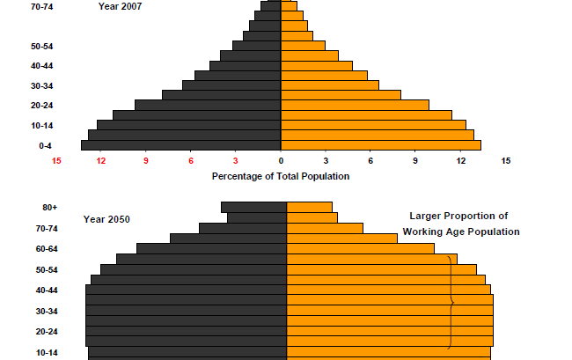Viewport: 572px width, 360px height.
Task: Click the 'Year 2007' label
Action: tap(119, 6)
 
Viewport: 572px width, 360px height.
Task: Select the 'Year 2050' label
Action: tap(106, 219)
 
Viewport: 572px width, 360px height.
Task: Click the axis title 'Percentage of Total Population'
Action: tap(281, 176)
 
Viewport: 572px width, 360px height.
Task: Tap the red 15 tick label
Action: tap(56, 161)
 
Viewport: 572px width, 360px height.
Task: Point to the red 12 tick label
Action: tap(101, 161)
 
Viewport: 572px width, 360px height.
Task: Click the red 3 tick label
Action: tap(236, 161)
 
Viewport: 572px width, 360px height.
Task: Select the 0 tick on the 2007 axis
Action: tap(281, 161)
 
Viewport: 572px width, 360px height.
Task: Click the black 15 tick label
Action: tap(506, 161)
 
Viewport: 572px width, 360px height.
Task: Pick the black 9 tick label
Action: tap(416, 161)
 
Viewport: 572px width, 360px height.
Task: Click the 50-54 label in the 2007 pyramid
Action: tap(41, 46)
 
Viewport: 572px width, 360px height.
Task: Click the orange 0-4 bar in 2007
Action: tap(380, 146)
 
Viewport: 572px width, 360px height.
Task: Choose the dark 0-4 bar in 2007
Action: tap(181, 146)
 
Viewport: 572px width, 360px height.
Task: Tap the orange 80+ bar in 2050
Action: tap(310, 208)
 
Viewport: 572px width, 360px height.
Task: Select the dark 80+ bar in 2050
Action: tap(254, 208)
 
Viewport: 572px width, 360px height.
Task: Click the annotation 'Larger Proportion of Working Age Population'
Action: tap(460, 224)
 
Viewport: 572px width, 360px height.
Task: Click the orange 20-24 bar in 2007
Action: tap(355, 105)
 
